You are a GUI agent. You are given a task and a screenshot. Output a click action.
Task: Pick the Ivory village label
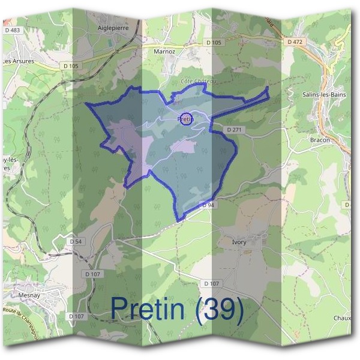click(x=239, y=242)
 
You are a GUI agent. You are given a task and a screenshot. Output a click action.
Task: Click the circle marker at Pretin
click(x=187, y=119)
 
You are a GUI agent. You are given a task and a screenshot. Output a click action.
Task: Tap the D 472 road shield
click(x=295, y=42)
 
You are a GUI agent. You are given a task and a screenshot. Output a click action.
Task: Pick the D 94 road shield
click(x=208, y=205)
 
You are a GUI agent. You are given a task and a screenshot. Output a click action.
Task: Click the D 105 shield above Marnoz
click(x=213, y=43)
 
